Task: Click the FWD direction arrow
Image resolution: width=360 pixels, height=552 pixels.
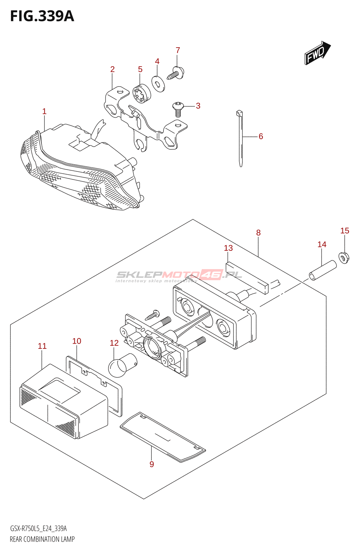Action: (317, 53)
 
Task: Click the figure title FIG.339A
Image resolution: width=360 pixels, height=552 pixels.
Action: (42, 16)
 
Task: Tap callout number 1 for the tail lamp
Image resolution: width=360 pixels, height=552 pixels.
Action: (44, 111)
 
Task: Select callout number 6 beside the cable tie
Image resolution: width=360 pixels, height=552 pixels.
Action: (261, 136)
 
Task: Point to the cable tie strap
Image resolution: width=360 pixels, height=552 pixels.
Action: (240, 138)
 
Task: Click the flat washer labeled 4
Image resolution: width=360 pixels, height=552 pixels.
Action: (158, 83)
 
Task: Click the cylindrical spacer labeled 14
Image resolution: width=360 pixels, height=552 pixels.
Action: (322, 270)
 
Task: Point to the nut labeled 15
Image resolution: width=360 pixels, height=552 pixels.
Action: (344, 257)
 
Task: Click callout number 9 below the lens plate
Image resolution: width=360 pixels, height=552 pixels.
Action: (152, 464)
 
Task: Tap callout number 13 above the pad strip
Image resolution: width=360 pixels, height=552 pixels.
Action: (228, 248)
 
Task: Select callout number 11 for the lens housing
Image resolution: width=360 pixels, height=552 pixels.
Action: (42, 346)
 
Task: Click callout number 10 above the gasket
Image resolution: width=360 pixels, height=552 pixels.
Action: (77, 341)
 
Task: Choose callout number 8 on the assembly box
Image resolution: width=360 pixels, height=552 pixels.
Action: (258, 233)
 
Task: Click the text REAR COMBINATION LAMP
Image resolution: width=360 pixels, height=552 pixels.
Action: (42, 539)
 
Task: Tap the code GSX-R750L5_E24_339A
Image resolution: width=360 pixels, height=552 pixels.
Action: (38, 529)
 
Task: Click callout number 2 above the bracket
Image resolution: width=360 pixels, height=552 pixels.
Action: (112, 69)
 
